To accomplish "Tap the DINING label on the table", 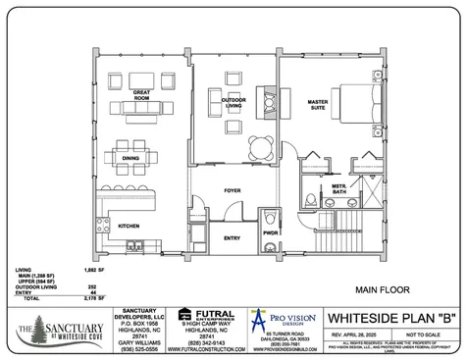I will coord(131,157).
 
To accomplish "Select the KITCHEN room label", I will coord(130,226).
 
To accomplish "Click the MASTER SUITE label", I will coord(317,103).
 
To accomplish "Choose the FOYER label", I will coord(232,190).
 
